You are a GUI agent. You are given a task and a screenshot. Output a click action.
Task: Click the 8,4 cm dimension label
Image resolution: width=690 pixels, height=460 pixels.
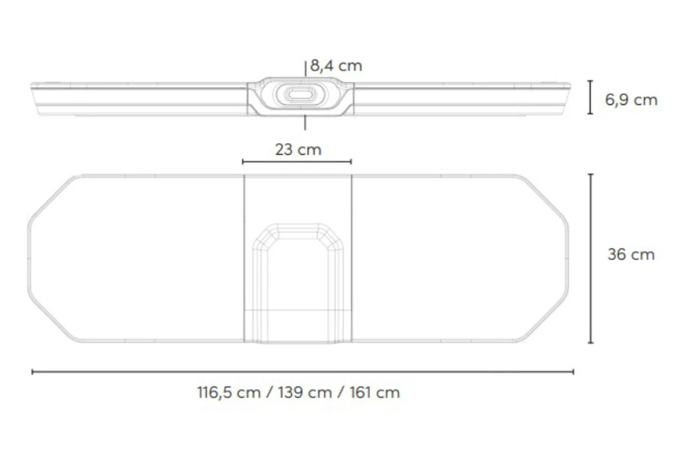(336, 66)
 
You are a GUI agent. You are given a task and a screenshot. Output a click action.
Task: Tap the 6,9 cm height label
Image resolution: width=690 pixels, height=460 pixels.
(631, 100)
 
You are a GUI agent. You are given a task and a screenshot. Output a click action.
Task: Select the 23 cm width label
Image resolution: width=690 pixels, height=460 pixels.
(298, 149)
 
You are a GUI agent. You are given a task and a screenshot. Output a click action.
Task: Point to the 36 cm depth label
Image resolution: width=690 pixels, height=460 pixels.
(631, 255)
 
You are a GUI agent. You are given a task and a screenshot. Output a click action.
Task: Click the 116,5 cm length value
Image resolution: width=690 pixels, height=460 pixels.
(229, 393)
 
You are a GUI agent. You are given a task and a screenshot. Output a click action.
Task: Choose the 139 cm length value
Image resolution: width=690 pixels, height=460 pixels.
(305, 393)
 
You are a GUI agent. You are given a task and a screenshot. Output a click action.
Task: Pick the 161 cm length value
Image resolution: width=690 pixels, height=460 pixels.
(374, 393)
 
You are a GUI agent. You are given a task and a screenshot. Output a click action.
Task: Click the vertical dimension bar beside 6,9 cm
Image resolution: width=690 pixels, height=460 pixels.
(590, 97)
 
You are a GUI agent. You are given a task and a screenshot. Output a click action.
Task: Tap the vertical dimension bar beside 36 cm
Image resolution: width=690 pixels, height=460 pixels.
(591, 259)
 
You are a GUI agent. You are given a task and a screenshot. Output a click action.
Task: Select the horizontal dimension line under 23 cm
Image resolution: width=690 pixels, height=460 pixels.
(297, 162)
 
